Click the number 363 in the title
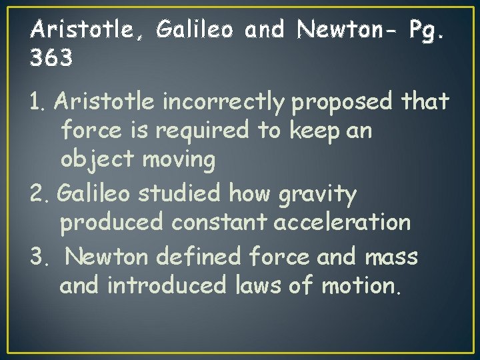pos(52,59)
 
